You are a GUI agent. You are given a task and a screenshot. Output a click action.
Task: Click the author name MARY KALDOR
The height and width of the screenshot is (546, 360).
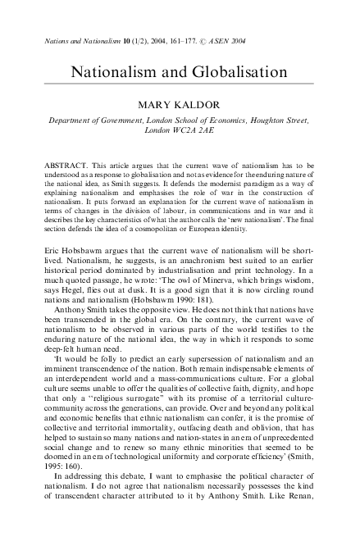pyautogui.click(x=180, y=105)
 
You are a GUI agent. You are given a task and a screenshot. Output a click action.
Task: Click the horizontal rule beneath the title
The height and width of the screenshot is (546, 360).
pyautogui.click(x=180, y=84)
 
